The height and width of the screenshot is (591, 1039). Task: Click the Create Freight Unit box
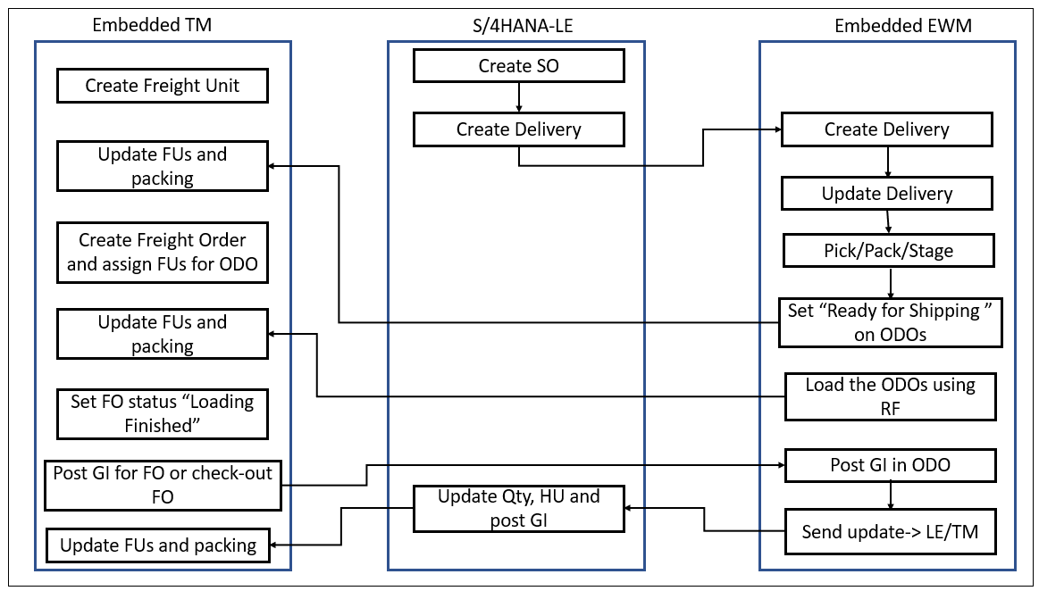[162, 87]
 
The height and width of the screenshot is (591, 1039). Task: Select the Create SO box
[518, 65]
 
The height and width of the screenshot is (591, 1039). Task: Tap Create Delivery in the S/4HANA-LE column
[518, 129]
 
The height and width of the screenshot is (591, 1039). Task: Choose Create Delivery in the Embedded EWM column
[886, 129]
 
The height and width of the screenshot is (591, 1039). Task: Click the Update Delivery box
[886, 194]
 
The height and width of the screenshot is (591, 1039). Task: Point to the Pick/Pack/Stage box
[888, 251]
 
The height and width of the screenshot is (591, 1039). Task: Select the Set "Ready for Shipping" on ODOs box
[890, 322]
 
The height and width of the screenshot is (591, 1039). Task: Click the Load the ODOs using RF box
[890, 396]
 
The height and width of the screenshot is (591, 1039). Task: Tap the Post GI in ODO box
[890, 465]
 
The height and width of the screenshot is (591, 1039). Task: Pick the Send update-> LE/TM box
[890, 532]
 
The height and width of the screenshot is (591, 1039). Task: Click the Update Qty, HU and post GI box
[518, 508]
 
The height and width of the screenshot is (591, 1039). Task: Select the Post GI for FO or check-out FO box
[162, 485]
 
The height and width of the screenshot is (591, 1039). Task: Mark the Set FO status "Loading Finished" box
[162, 413]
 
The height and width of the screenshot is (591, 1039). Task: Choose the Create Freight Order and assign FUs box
[162, 252]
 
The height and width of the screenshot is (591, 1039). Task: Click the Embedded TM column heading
[152, 25]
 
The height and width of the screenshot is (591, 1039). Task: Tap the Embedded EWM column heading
[902, 26]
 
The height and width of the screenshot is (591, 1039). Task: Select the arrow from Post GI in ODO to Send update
[890, 494]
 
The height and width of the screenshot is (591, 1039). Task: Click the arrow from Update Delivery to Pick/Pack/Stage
[887, 221]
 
